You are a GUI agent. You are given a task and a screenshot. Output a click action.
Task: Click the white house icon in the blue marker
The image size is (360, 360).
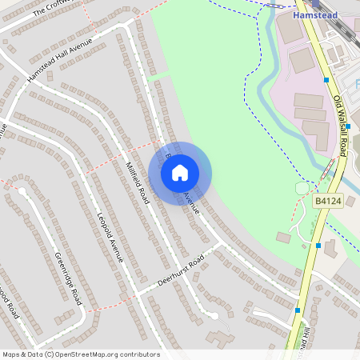180,173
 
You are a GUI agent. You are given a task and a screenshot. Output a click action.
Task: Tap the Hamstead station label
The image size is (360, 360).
315,15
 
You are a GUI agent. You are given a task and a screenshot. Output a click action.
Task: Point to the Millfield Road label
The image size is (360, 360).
137,182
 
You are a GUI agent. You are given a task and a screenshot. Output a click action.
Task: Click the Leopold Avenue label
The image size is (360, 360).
110,237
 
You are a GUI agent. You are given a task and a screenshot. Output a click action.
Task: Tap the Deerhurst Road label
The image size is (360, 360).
181,270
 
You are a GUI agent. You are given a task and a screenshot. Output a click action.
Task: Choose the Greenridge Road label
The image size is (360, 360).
68,278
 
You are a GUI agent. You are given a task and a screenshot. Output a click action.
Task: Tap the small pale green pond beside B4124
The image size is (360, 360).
302,188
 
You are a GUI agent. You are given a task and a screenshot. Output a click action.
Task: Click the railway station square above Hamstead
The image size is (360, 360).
315,4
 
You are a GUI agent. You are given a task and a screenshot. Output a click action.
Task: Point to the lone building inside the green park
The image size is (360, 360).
283,238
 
